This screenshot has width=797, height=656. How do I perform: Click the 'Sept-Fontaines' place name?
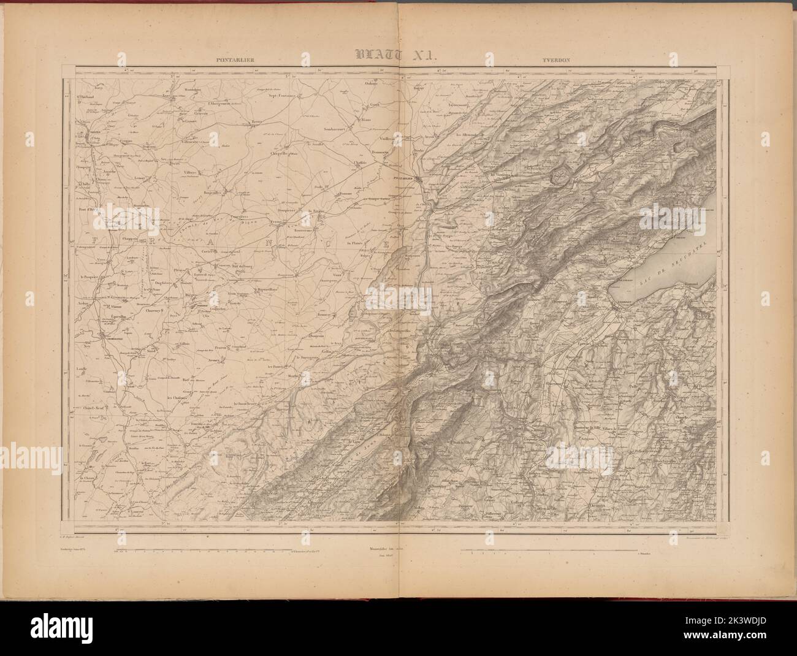pyautogui.click(x=283, y=96)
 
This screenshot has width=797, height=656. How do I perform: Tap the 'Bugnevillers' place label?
pyautogui.click(x=264, y=288)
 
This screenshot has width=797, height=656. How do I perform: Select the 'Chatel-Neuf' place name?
pyautogui.click(x=93, y=408)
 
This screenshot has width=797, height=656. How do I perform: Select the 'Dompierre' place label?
pyautogui.click(x=283, y=210)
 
